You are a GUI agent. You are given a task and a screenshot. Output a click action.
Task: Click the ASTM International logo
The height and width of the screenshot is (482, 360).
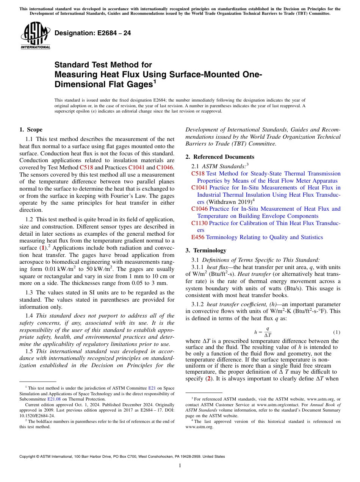35,36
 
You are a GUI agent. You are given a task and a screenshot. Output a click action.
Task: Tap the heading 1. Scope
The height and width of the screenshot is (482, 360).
31,130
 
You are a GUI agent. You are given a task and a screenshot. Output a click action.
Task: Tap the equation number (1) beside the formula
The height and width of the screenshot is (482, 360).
337,332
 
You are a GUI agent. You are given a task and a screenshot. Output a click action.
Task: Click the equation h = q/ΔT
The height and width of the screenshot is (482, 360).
263,332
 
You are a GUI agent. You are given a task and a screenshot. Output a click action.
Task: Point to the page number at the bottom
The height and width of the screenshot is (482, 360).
180,466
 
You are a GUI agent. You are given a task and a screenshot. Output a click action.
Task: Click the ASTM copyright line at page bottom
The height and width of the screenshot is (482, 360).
122,457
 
